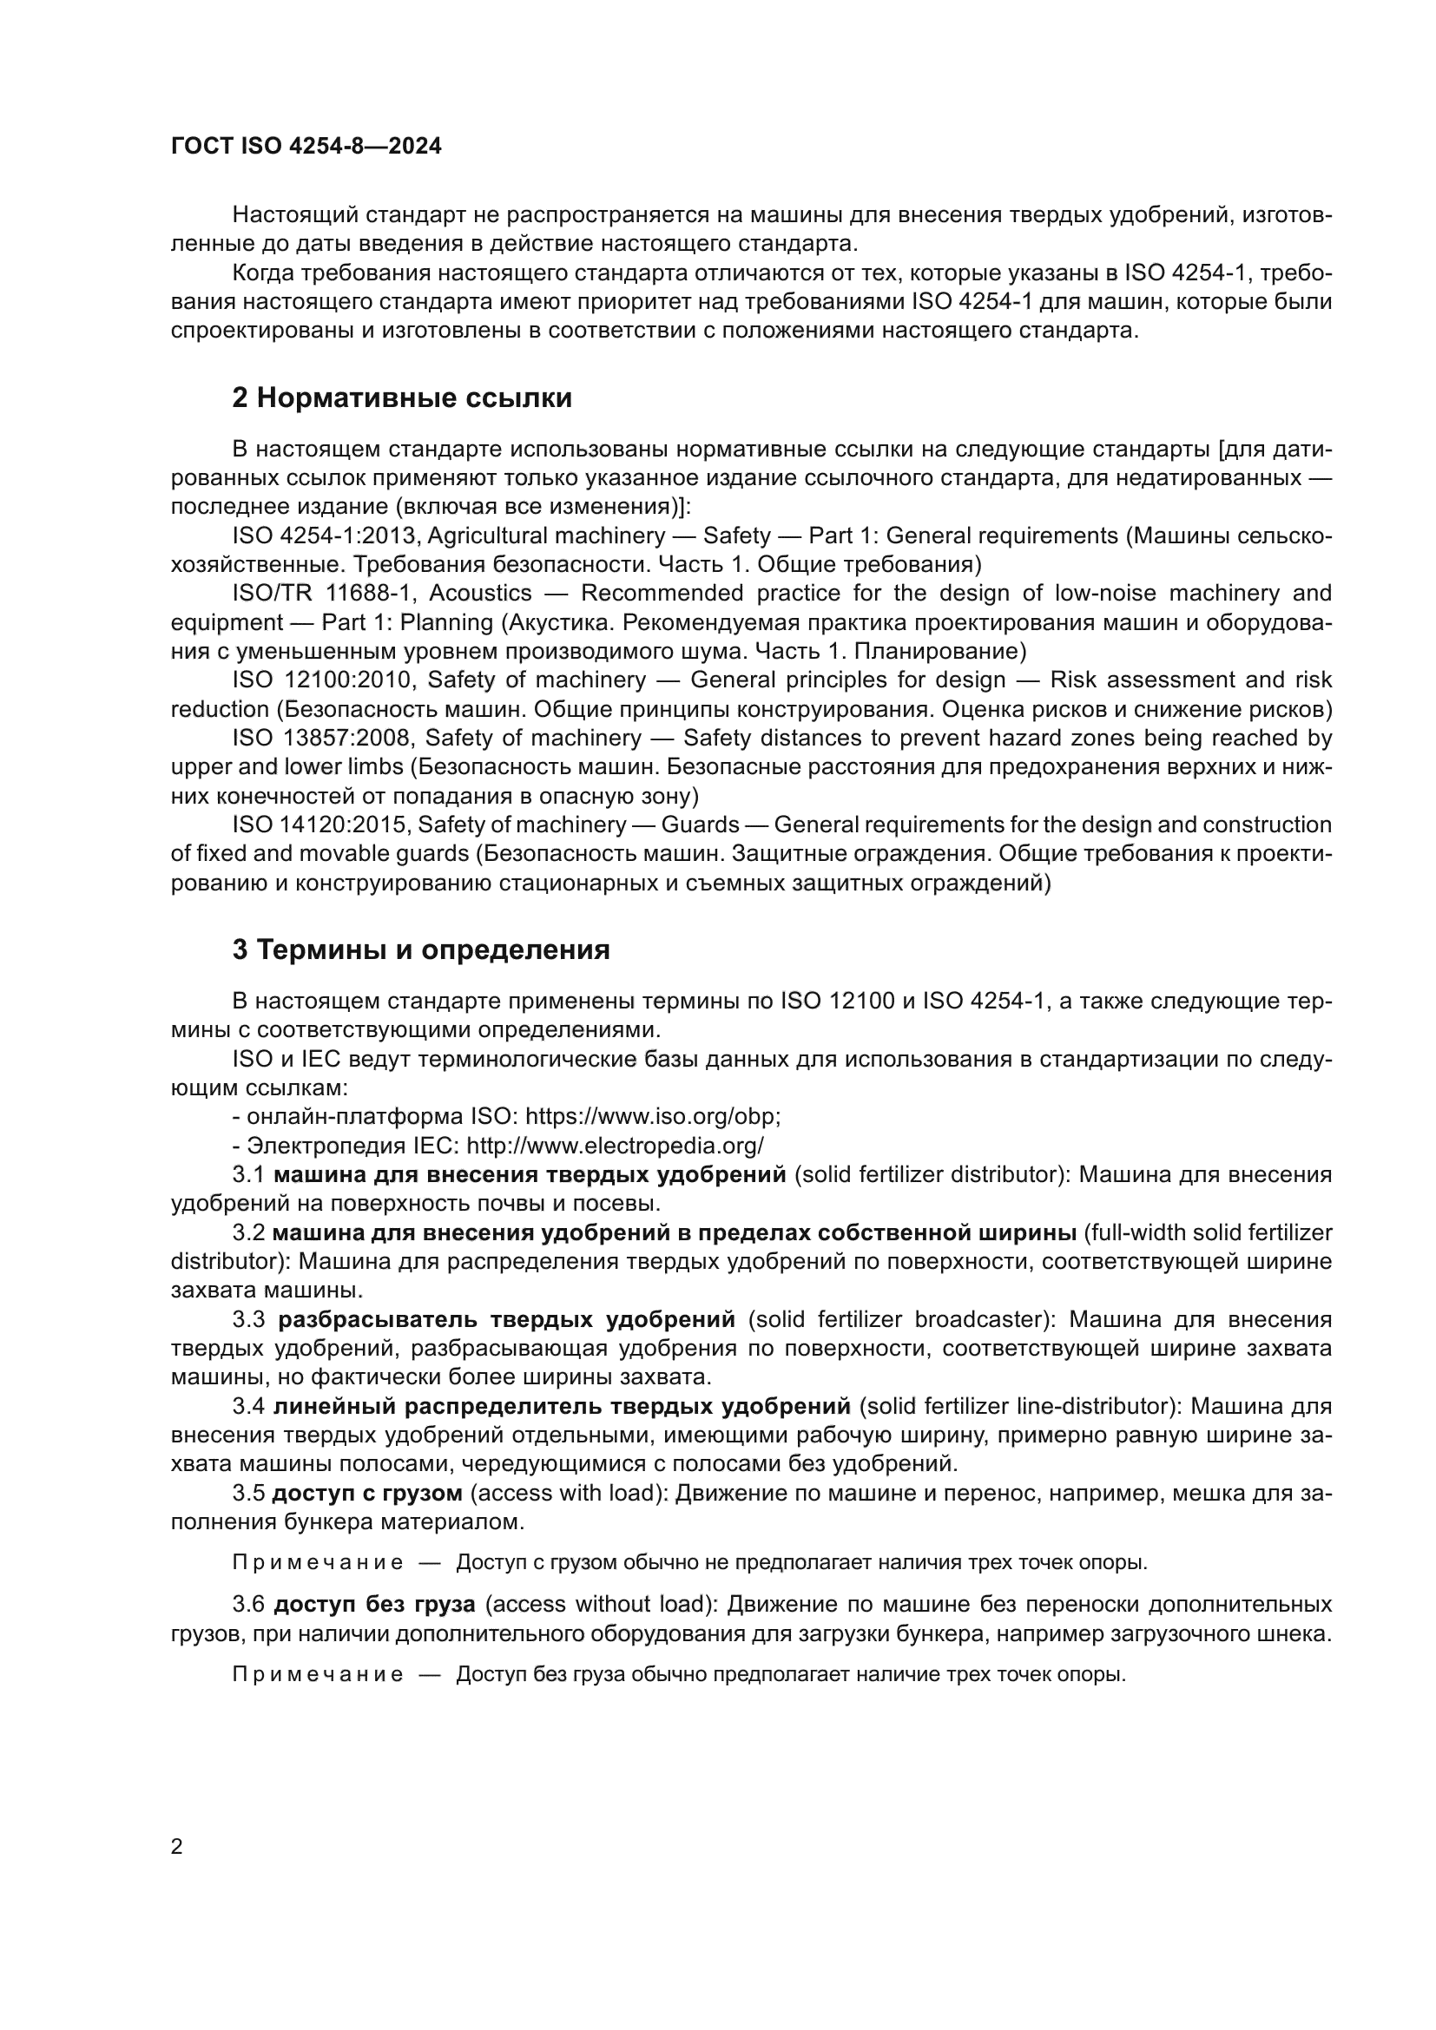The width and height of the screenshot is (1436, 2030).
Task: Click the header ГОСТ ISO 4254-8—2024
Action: [x=306, y=146]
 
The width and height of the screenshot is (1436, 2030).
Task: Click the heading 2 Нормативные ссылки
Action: [x=401, y=398]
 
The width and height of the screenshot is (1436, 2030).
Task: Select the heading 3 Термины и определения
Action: [x=421, y=950]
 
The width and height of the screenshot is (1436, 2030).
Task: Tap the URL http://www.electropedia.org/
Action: [x=615, y=1146]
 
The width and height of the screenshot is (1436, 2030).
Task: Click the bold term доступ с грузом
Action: [x=367, y=1494]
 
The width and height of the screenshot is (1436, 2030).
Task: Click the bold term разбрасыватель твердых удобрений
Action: [x=506, y=1320]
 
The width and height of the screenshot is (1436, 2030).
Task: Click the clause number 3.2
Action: [x=248, y=1232]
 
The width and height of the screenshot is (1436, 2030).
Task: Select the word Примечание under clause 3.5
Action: [x=318, y=1562]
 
